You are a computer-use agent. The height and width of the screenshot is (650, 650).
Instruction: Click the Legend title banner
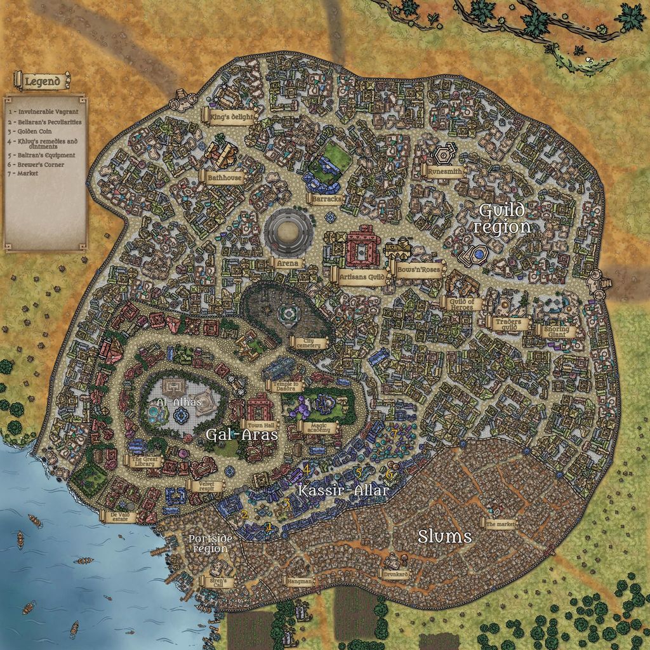41,81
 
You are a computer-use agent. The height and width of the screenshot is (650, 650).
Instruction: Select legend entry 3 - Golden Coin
32,131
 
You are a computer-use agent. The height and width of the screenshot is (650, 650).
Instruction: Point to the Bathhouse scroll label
225,179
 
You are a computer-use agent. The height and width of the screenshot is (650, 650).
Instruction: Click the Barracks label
327,199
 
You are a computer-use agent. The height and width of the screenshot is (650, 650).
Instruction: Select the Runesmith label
444,171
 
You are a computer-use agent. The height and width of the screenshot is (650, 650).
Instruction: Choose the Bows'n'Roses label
418,270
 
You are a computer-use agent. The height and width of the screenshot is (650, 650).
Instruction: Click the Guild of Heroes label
461,303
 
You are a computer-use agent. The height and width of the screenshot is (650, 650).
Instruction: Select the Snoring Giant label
557,331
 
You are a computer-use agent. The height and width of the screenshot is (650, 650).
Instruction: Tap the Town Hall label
260,425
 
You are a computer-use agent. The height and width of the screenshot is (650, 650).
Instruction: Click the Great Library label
145,461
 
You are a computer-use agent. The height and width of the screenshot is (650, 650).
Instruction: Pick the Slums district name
444,536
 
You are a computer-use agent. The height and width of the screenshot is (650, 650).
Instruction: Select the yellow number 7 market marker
394,433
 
